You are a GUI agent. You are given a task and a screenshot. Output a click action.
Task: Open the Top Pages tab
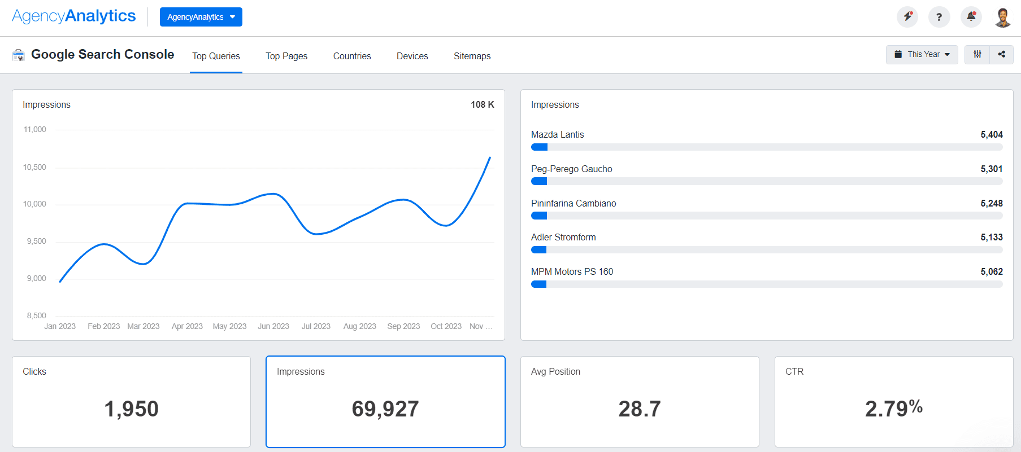click(x=286, y=56)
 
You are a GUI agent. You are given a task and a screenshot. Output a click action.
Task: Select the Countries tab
click(x=352, y=56)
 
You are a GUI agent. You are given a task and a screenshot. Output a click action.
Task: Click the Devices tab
click(x=412, y=56)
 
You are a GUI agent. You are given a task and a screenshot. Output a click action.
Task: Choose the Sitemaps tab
click(x=472, y=56)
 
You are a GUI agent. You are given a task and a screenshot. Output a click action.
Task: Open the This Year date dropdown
click(x=922, y=54)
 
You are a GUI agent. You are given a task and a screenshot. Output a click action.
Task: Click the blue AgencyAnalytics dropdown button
click(x=201, y=17)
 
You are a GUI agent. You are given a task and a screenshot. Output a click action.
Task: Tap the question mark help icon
click(x=939, y=17)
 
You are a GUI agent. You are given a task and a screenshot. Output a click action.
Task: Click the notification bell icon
click(x=971, y=17)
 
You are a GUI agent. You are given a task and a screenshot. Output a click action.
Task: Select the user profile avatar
click(x=1003, y=17)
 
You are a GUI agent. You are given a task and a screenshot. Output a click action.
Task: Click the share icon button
click(x=1001, y=54)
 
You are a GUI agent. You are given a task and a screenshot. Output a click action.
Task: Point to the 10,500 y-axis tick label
click(x=34, y=167)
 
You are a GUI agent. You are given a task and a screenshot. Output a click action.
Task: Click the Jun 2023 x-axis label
click(x=273, y=326)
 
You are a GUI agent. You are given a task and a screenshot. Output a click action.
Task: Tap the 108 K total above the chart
click(x=482, y=104)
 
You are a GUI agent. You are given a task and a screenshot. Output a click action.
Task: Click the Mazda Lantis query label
click(x=557, y=134)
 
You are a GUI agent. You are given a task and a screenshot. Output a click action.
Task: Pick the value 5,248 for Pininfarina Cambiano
click(x=991, y=203)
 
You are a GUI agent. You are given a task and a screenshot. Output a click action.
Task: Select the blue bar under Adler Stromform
click(x=538, y=250)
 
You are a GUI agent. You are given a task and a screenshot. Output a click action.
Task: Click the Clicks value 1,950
click(x=131, y=409)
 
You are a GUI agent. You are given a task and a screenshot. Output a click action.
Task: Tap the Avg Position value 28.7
click(x=639, y=409)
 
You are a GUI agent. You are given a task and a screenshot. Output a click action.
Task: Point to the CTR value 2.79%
click(x=893, y=409)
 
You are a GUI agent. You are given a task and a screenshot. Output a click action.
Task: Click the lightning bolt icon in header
click(x=907, y=17)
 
